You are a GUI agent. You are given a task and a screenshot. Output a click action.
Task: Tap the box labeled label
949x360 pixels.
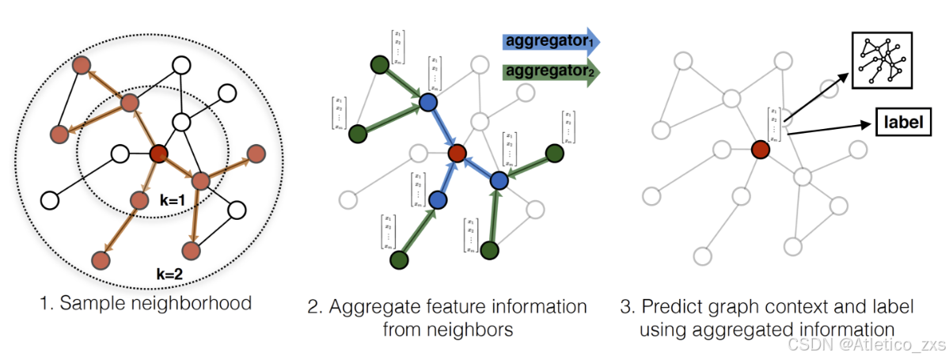coord(900,123)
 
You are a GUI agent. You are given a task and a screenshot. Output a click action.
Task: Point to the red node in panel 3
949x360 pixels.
coord(761,149)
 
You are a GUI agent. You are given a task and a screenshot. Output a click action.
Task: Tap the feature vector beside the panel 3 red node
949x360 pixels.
coord(773,125)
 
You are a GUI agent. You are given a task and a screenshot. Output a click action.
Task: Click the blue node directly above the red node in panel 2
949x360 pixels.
coord(428,102)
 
